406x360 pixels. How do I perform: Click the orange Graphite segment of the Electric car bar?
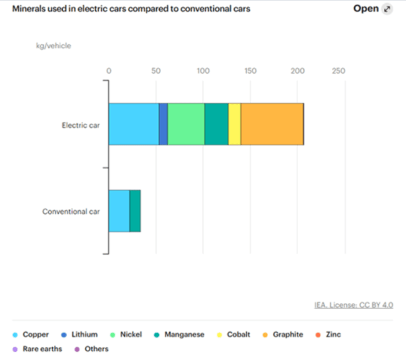[x=272, y=124]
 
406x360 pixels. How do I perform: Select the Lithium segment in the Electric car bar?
[x=163, y=124]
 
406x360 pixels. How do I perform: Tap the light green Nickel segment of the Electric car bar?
[x=186, y=124]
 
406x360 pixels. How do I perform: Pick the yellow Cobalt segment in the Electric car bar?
[x=234, y=124]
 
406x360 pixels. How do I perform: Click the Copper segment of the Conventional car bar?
[x=119, y=211]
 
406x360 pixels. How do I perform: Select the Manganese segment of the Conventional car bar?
[x=135, y=211]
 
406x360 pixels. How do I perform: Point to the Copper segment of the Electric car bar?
[x=133, y=124]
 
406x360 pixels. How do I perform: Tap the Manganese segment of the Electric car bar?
[x=216, y=124]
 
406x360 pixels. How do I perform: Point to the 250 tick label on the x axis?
[x=338, y=70]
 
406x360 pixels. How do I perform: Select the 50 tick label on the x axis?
[x=156, y=70]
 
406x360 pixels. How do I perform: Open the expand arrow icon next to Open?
[x=388, y=10]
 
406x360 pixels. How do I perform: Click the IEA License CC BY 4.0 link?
[x=353, y=305]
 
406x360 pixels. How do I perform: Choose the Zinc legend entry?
[x=332, y=335]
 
